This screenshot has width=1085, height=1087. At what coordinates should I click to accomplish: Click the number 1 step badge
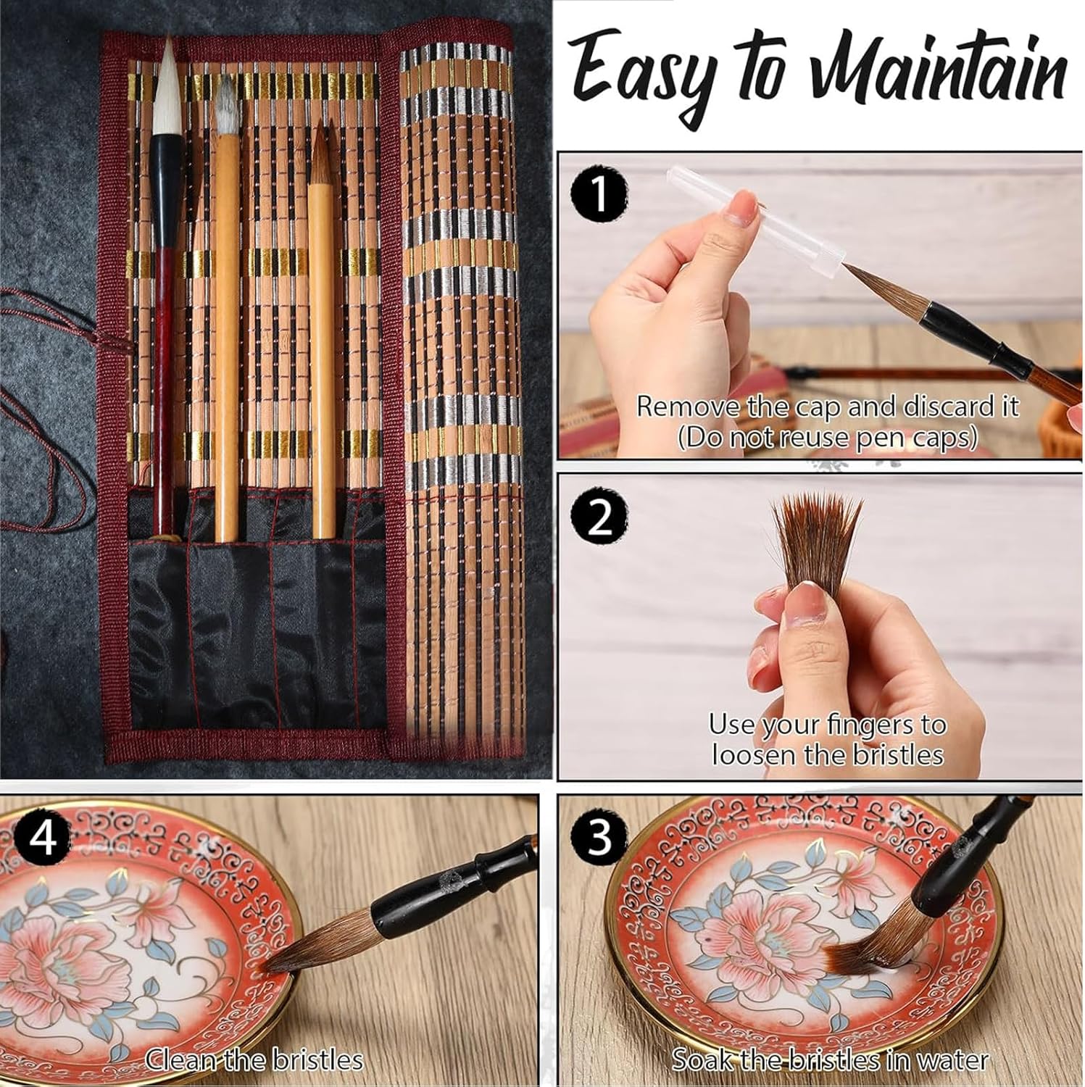pos(599,196)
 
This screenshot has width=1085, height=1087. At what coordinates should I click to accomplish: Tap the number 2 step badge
pos(599,519)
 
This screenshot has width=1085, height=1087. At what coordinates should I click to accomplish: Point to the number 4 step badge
pos(43,838)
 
